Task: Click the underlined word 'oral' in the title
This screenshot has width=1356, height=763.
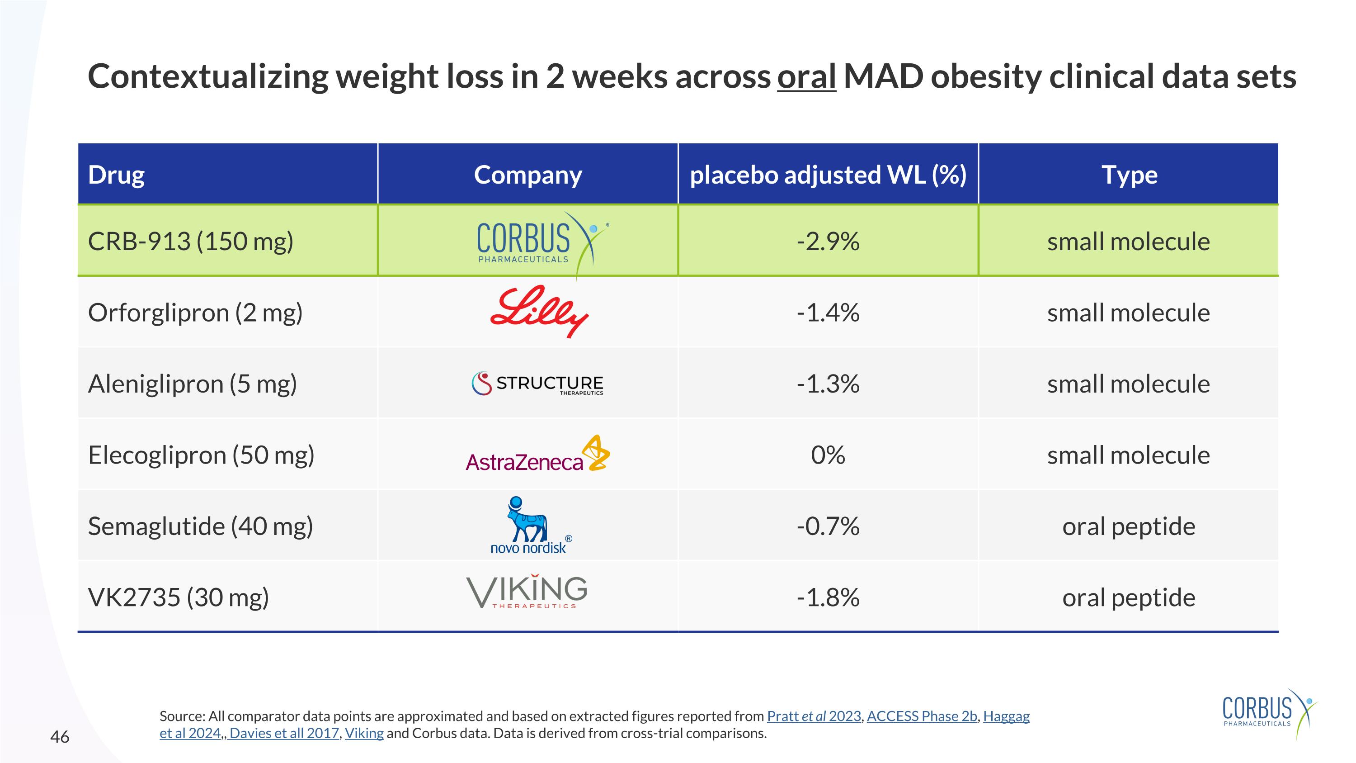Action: click(x=806, y=77)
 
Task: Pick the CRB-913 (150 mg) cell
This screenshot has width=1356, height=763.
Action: click(x=191, y=241)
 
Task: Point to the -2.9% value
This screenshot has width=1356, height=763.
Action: click(x=828, y=241)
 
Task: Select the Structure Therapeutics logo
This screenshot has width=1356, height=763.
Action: click(x=537, y=384)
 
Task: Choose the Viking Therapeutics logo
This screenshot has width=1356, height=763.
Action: click(x=527, y=592)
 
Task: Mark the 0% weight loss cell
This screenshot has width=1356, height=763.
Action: click(x=828, y=455)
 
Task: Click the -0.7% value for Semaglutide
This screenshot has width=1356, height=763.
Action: click(x=828, y=526)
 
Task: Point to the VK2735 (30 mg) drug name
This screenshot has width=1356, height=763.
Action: click(x=179, y=597)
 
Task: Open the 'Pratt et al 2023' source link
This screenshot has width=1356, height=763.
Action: click(x=814, y=716)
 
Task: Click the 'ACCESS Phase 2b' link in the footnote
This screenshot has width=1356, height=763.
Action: click(x=922, y=716)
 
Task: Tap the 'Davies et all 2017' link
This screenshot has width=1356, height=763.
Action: click(x=284, y=733)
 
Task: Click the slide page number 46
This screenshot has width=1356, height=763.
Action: click(x=60, y=737)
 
